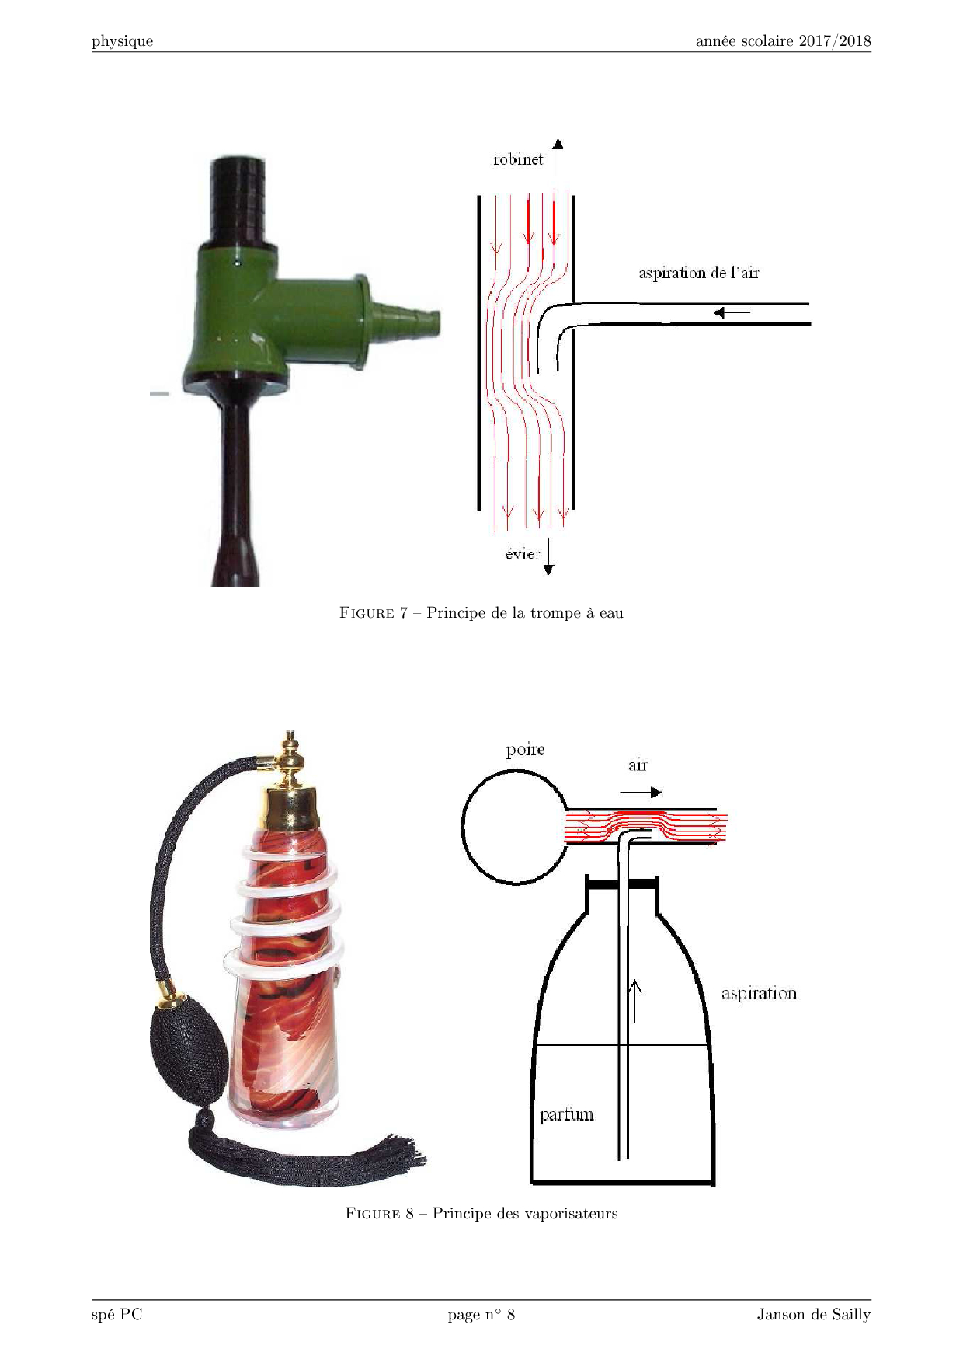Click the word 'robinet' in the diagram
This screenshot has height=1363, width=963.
pyautogui.click(x=518, y=159)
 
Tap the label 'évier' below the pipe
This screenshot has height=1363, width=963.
pyautogui.click(x=523, y=554)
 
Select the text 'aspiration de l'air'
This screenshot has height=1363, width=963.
pyautogui.click(x=699, y=273)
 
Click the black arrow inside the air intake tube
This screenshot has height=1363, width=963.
pyautogui.click(x=732, y=312)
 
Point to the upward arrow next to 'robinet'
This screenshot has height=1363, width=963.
pyautogui.click(x=558, y=157)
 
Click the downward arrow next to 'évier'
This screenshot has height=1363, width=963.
pyautogui.click(x=548, y=556)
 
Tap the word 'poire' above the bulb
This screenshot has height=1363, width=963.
pyautogui.click(x=525, y=750)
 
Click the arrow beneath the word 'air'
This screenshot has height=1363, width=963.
pyautogui.click(x=641, y=792)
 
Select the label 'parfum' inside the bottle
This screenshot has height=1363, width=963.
pyautogui.click(x=567, y=1115)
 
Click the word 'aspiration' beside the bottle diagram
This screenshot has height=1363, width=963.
pyautogui.click(x=759, y=993)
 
